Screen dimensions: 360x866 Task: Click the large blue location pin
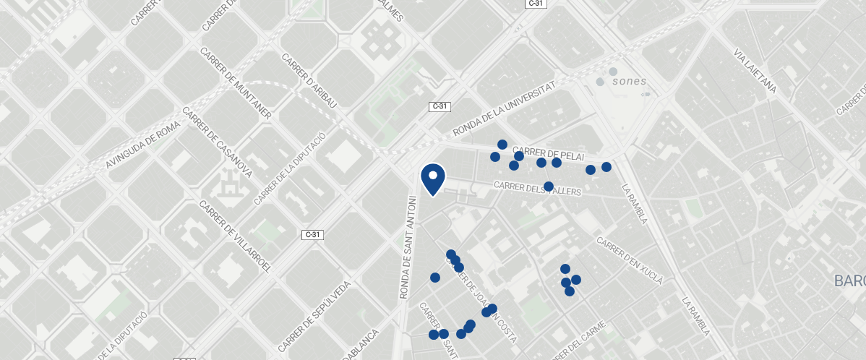click(432, 179)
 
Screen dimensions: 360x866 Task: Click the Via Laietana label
click(755, 72)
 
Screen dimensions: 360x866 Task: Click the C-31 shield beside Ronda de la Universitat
click(440, 106)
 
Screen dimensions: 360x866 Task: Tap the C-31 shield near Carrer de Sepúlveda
click(312, 234)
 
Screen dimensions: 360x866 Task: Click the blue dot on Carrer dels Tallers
click(549, 187)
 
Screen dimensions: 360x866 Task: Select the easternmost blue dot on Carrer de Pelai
click(606, 167)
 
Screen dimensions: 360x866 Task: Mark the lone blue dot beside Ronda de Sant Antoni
click(435, 278)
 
